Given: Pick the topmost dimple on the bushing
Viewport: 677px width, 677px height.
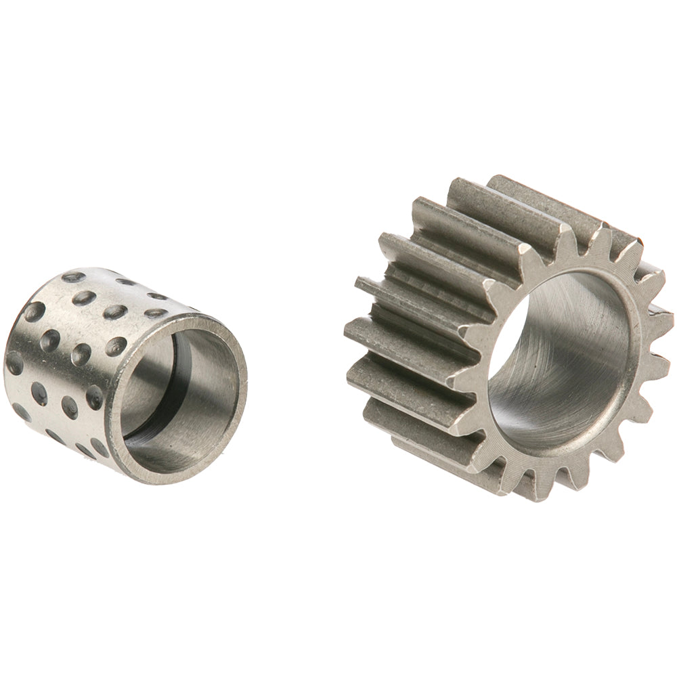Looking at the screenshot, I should point(72,276).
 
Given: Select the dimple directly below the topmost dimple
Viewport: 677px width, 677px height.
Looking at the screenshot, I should point(87,297).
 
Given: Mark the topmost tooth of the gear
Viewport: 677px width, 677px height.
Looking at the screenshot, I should point(498,181).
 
